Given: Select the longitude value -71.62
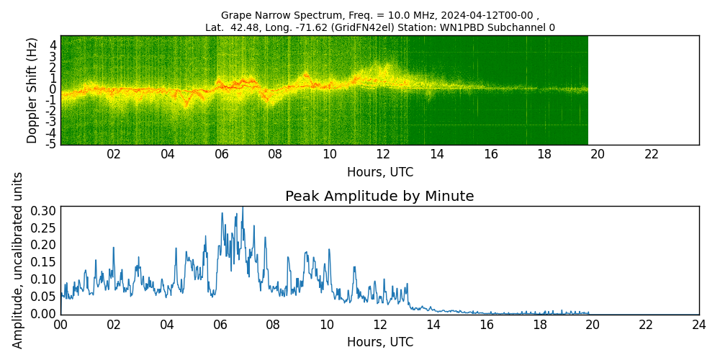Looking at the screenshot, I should [x=306, y=28].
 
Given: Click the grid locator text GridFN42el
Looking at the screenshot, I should [x=359, y=28].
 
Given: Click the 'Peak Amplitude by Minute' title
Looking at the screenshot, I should [x=379, y=197].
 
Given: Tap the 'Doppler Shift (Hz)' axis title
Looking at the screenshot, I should [x=32, y=90].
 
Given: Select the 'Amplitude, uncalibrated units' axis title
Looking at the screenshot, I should [x=18, y=260].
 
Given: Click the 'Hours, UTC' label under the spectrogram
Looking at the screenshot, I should [x=379, y=173].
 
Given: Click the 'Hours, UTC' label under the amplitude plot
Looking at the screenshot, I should [x=379, y=342].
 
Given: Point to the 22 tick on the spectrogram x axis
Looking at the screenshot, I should [x=652, y=154].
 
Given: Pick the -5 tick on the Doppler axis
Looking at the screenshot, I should [x=51, y=144].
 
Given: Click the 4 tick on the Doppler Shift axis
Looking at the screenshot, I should [x=53, y=45].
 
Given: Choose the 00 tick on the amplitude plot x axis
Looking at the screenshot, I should [x=60, y=325].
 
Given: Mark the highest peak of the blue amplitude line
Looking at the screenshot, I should [x=243, y=207].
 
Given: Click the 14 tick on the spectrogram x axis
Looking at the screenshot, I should [x=437, y=154].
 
